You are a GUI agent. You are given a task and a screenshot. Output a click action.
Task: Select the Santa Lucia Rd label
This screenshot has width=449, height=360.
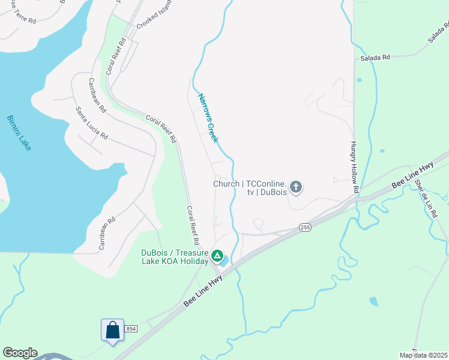[91, 123]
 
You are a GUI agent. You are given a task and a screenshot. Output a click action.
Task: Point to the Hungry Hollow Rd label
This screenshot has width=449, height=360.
[354, 167]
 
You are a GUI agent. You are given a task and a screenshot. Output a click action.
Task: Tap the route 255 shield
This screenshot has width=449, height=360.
[305, 227]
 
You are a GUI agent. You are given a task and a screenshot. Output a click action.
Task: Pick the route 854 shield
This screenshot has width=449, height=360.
[131, 328]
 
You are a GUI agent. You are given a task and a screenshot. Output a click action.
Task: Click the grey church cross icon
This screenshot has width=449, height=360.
[295, 188]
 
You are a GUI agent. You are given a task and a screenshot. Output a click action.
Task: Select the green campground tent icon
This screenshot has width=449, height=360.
[218, 256]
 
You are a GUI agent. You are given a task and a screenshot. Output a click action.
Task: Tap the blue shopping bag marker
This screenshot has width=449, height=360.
[112, 330]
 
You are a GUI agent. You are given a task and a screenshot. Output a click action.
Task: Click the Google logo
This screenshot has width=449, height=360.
[20, 353]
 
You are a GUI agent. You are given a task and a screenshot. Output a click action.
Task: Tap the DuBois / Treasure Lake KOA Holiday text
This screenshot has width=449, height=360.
[174, 256]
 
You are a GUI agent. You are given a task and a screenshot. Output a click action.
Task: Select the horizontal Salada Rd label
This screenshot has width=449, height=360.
[375, 58]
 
